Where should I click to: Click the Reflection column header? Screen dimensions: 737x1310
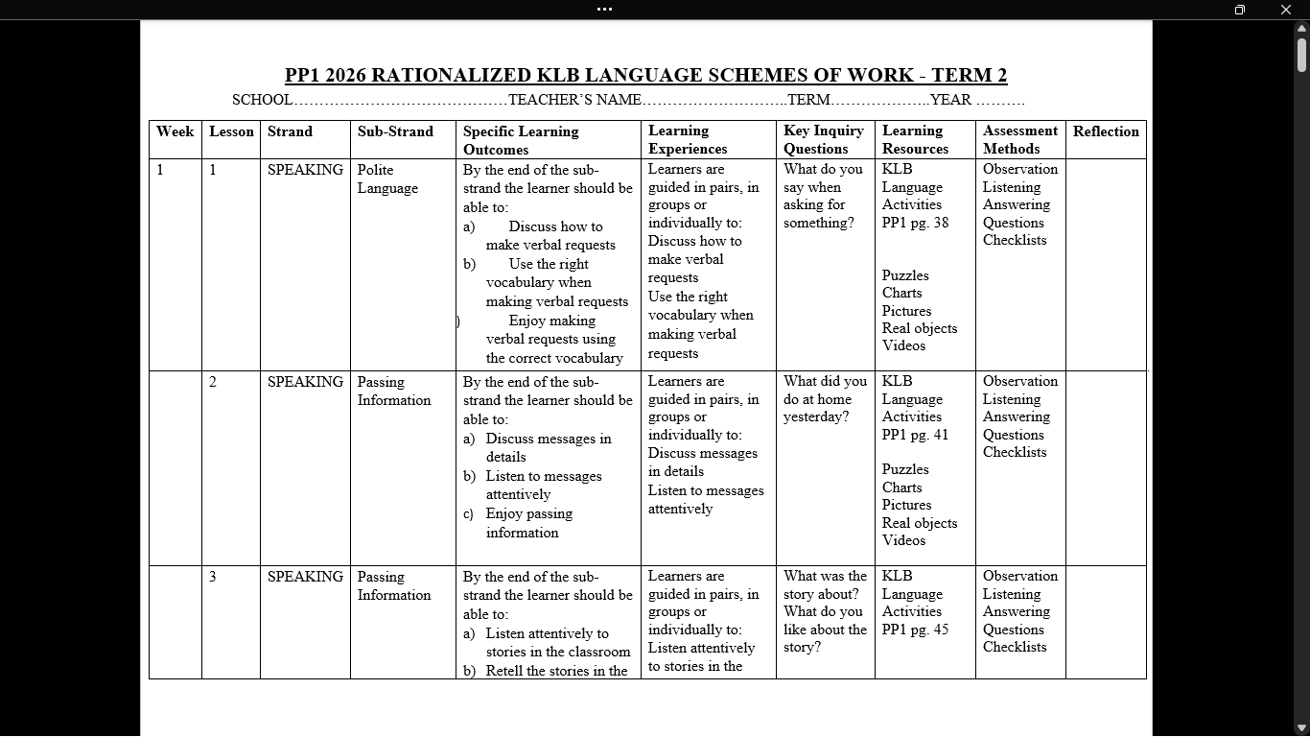[x=1106, y=131]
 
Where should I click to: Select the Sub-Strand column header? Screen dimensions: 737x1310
[x=395, y=131]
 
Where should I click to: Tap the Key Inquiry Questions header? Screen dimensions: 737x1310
[x=824, y=139]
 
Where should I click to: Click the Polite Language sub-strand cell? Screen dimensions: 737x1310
[x=387, y=178]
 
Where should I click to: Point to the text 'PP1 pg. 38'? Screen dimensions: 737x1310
[x=915, y=223]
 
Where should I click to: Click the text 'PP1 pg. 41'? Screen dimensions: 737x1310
[x=915, y=435]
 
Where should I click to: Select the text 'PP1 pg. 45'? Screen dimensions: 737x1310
[x=915, y=630]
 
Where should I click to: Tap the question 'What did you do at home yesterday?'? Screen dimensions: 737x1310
[x=824, y=398]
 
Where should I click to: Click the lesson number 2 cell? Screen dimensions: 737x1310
[x=213, y=382]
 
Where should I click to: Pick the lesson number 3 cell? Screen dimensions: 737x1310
[x=213, y=577]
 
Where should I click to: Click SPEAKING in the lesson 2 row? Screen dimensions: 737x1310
[x=305, y=382]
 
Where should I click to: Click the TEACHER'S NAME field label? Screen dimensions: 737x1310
[x=574, y=100]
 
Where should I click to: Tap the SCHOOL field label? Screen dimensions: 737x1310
[x=262, y=100]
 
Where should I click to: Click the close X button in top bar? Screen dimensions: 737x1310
[x=1286, y=10]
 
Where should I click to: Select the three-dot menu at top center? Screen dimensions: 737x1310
[x=604, y=10]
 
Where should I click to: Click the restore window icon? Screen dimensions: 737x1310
[x=1239, y=10]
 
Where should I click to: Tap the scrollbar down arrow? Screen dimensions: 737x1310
[x=1301, y=728]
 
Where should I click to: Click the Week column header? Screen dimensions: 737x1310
[x=175, y=131]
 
